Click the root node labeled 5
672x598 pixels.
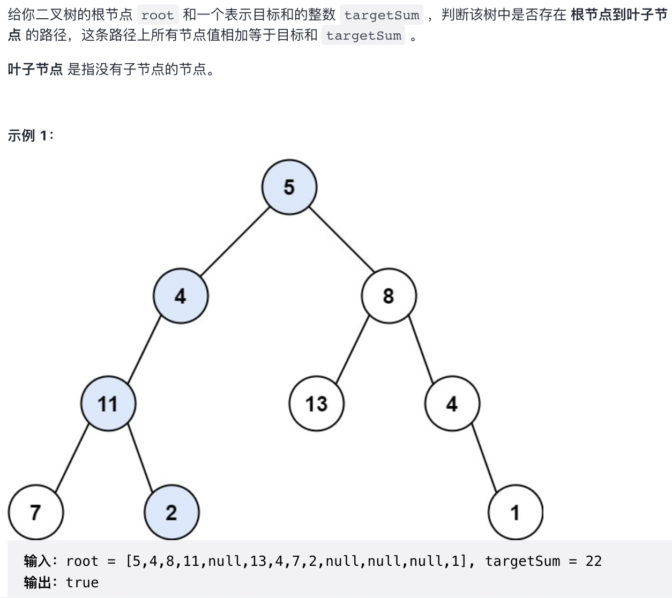point(289,187)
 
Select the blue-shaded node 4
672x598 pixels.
point(181,296)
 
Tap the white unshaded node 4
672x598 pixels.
point(452,404)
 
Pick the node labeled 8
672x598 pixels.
point(389,296)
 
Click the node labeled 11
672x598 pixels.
point(108,404)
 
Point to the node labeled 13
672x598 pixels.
point(316,404)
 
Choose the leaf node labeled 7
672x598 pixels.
point(35,512)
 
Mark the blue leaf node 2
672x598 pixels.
point(171,512)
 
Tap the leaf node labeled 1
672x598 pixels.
point(515,512)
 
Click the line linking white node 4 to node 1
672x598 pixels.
point(484,457)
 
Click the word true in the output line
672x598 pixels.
point(82,582)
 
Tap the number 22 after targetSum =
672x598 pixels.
point(593,561)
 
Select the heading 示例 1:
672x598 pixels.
point(31,136)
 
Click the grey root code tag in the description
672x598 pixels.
point(158,15)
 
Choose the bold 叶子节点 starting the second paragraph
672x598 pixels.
point(35,70)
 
